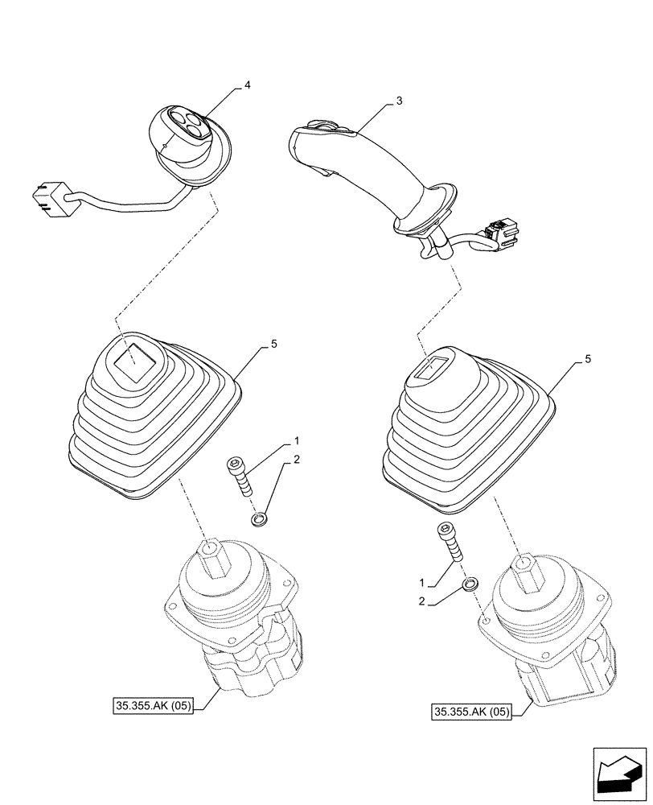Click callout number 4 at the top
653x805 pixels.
point(247,85)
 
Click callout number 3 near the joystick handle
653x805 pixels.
point(399,101)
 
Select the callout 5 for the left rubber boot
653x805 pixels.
point(274,345)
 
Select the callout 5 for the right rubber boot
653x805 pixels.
point(588,358)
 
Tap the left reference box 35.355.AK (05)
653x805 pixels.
point(154,708)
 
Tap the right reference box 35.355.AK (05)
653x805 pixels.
point(472,712)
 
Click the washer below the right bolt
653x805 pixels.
point(470,583)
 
